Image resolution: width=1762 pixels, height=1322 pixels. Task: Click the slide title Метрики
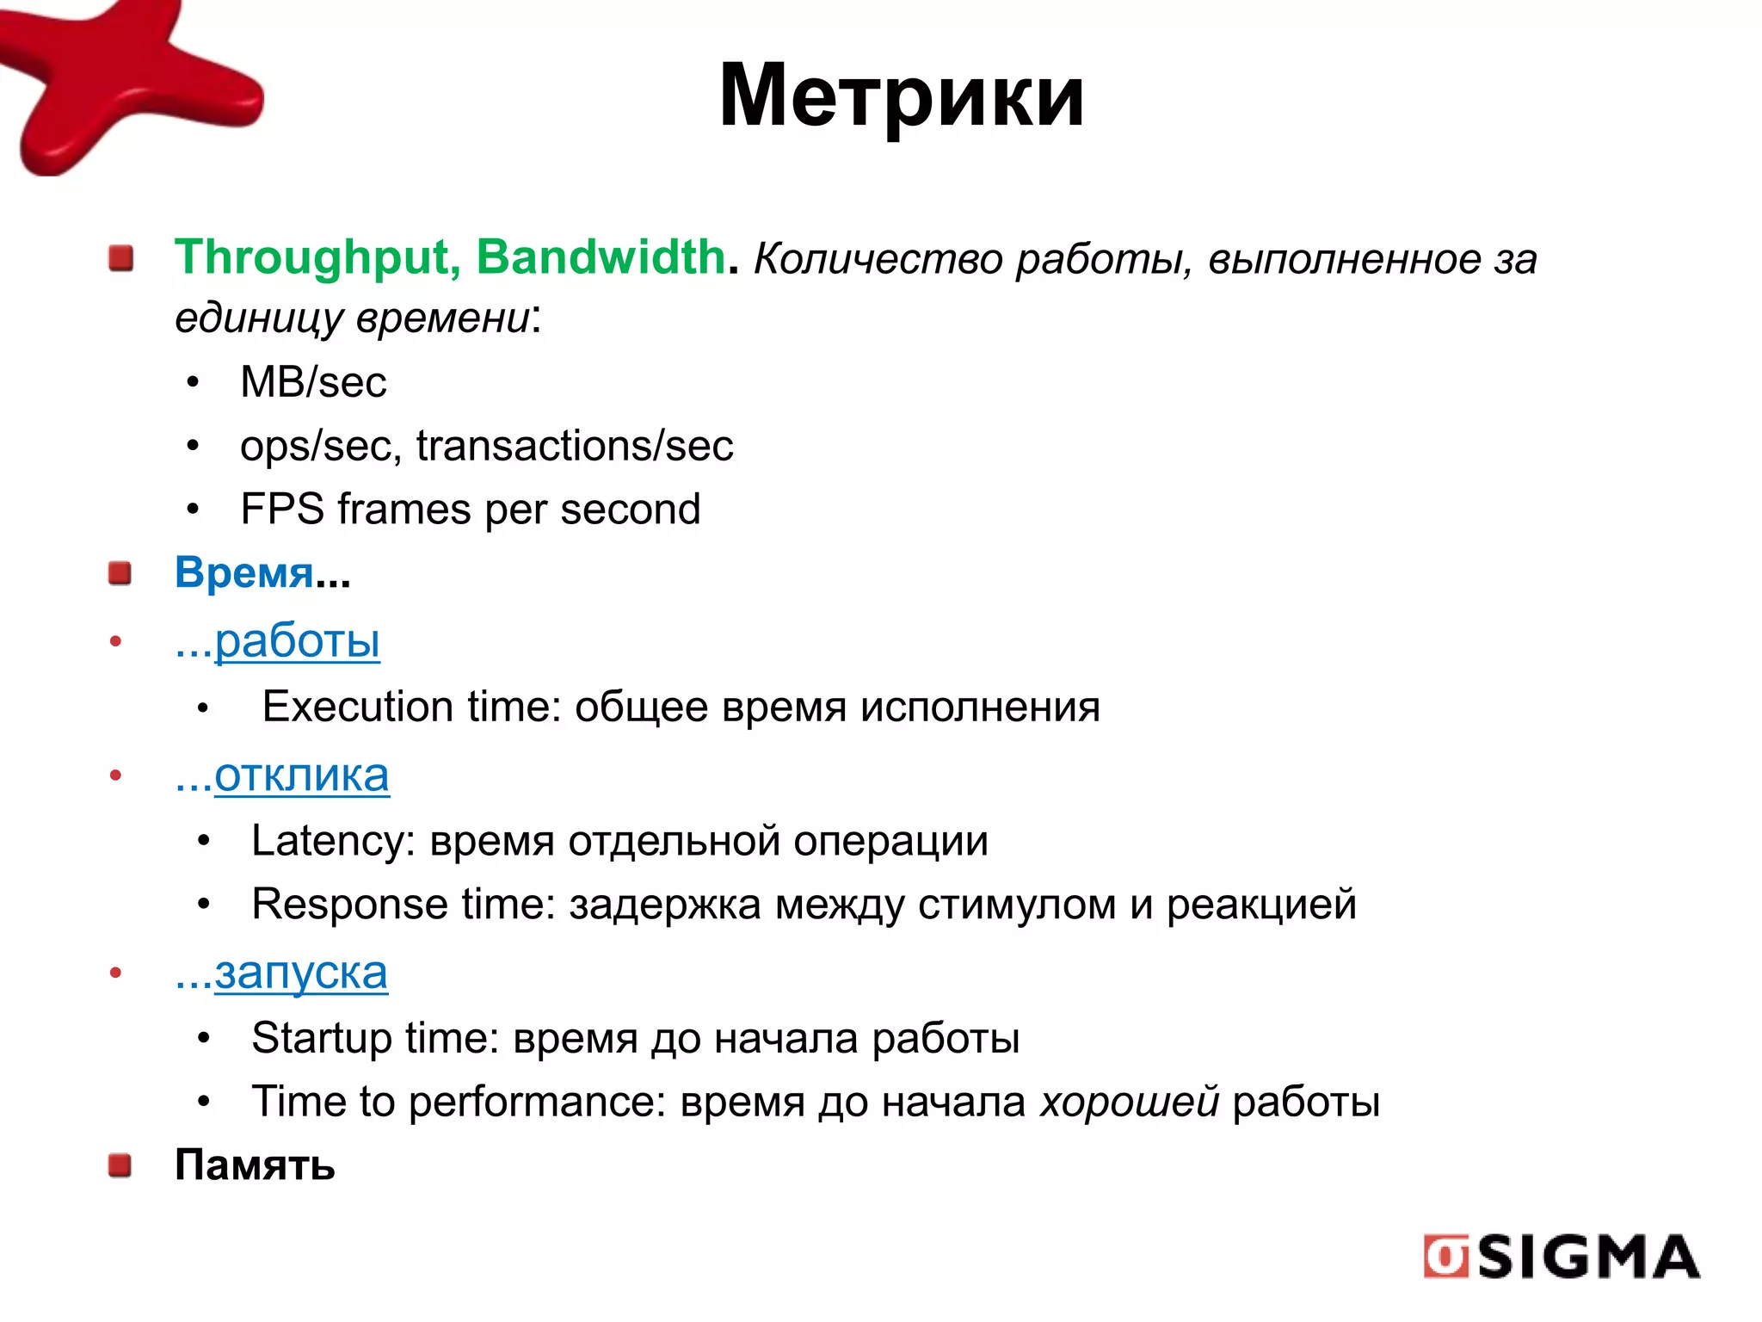click(x=901, y=96)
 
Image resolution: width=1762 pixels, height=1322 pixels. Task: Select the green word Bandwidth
click(x=601, y=257)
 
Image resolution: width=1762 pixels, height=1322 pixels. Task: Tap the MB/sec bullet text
click(x=313, y=382)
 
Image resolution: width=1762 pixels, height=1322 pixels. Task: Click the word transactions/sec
click(x=575, y=446)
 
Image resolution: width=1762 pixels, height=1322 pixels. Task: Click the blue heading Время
click(x=244, y=573)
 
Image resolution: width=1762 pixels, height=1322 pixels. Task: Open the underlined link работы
click(x=297, y=641)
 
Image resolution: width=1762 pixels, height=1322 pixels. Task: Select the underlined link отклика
click(x=301, y=776)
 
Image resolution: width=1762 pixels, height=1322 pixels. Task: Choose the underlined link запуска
click(x=300, y=973)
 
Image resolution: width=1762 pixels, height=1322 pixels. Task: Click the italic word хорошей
click(x=1129, y=1102)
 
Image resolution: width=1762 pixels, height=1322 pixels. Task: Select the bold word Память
click(x=255, y=1165)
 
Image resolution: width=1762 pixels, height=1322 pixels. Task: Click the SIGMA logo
click(x=1562, y=1257)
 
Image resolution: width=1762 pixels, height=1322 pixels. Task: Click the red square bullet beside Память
click(x=120, y=1165)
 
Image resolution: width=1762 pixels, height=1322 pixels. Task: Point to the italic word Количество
click(x=878, y=259)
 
